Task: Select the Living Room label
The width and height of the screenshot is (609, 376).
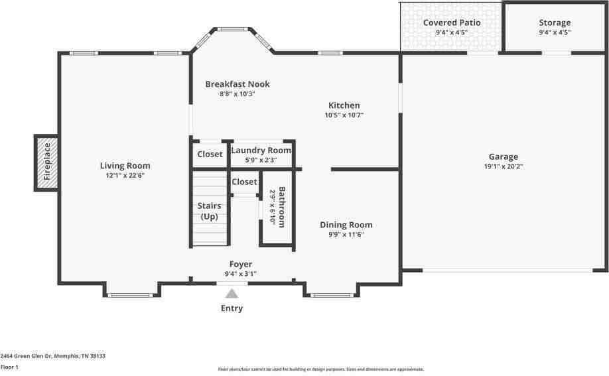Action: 125,166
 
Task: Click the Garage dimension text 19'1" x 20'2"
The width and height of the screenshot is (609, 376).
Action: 504,167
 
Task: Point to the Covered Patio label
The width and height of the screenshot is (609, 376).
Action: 452,23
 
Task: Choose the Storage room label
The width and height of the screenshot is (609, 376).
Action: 554,23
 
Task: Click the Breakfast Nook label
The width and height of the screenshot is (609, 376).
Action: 237,84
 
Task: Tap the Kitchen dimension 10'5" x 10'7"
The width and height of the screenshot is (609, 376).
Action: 344,115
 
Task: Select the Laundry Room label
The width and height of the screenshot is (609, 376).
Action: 261,151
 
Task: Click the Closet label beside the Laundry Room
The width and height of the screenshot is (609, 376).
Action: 210,155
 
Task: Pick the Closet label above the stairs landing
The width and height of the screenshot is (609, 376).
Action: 244,182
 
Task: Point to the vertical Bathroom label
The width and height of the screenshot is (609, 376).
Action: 281,206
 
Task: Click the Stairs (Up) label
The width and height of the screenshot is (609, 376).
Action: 209,212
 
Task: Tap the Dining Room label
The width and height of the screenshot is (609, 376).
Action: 346,225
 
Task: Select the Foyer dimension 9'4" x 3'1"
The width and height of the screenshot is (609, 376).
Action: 240,274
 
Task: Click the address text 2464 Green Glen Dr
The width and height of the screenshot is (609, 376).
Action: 52,356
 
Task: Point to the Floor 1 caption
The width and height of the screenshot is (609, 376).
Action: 9,367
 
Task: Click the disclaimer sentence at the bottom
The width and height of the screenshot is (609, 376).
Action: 320,369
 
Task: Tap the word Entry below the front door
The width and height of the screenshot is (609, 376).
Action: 232,308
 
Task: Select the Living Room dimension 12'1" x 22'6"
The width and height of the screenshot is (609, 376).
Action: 125,176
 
